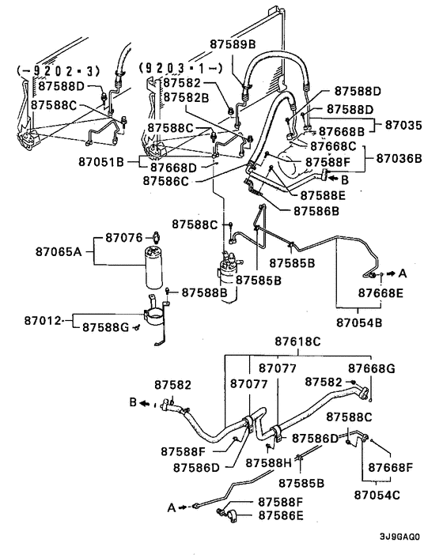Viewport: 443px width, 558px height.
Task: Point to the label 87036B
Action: point(400,158)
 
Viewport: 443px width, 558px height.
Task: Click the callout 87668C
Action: point(333,146)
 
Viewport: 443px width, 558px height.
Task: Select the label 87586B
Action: point(317,211)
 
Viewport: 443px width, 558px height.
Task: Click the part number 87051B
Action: point(101,162)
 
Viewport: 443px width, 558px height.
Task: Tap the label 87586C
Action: point(168,180)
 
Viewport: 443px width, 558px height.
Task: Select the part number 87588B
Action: point(204,292)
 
